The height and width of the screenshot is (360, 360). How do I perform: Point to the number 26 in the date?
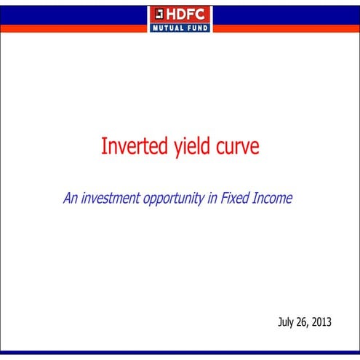[305, 321]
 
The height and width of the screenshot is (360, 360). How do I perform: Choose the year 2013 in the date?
[327, 321]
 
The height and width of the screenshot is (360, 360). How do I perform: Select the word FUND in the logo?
[198, 28]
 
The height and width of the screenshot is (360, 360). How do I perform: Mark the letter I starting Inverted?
[103, 147]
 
